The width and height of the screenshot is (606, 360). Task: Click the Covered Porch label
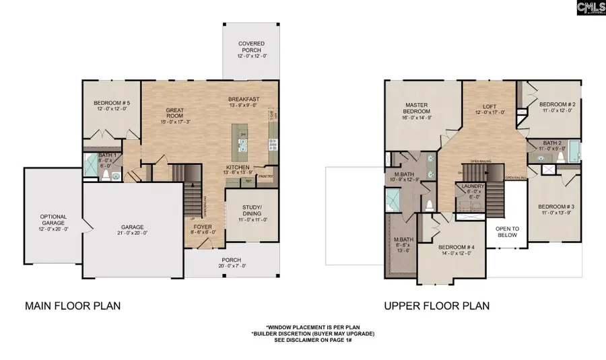click(x=251, y=47)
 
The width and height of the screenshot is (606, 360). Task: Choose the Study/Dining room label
click(x=251, y=213)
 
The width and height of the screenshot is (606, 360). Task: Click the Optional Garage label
click(x=53, y=220)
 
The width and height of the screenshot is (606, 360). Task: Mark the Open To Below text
click(x=506, y=231)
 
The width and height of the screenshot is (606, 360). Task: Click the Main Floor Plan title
click(x=73, y=306)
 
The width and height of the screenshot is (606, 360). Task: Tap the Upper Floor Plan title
click(x=436, y=306)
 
